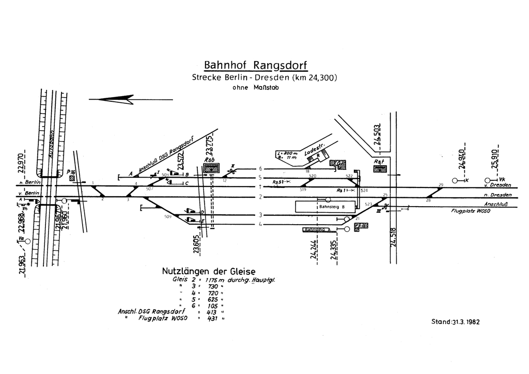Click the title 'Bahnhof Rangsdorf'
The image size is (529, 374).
click(256, 66)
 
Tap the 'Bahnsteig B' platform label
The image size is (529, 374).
click(332, 207)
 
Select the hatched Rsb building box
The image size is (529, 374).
click(211, 167)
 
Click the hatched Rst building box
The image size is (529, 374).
click(380, 168)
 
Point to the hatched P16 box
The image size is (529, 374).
click(72, 178)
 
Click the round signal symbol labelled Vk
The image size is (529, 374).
click(487, 180)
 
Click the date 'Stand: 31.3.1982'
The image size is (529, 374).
click(455, 322)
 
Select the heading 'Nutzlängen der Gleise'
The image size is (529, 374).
click(209, 271)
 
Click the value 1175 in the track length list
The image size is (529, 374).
click(213, 280)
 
